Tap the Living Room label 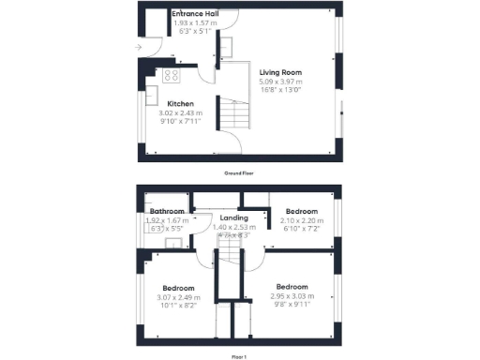pos(280,71)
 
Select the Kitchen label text pos(181,103)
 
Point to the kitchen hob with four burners pos(172,75)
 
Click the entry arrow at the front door pos(139,45)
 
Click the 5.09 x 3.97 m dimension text pos(280,81)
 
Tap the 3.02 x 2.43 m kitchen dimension pos(181,112)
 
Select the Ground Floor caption pos(240,173)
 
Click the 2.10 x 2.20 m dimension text pos(302,220)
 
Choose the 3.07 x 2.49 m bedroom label pos(178,296)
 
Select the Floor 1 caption pos(240,356)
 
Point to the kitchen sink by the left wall pos(151,97)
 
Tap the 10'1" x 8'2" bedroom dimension pos(178,305)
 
